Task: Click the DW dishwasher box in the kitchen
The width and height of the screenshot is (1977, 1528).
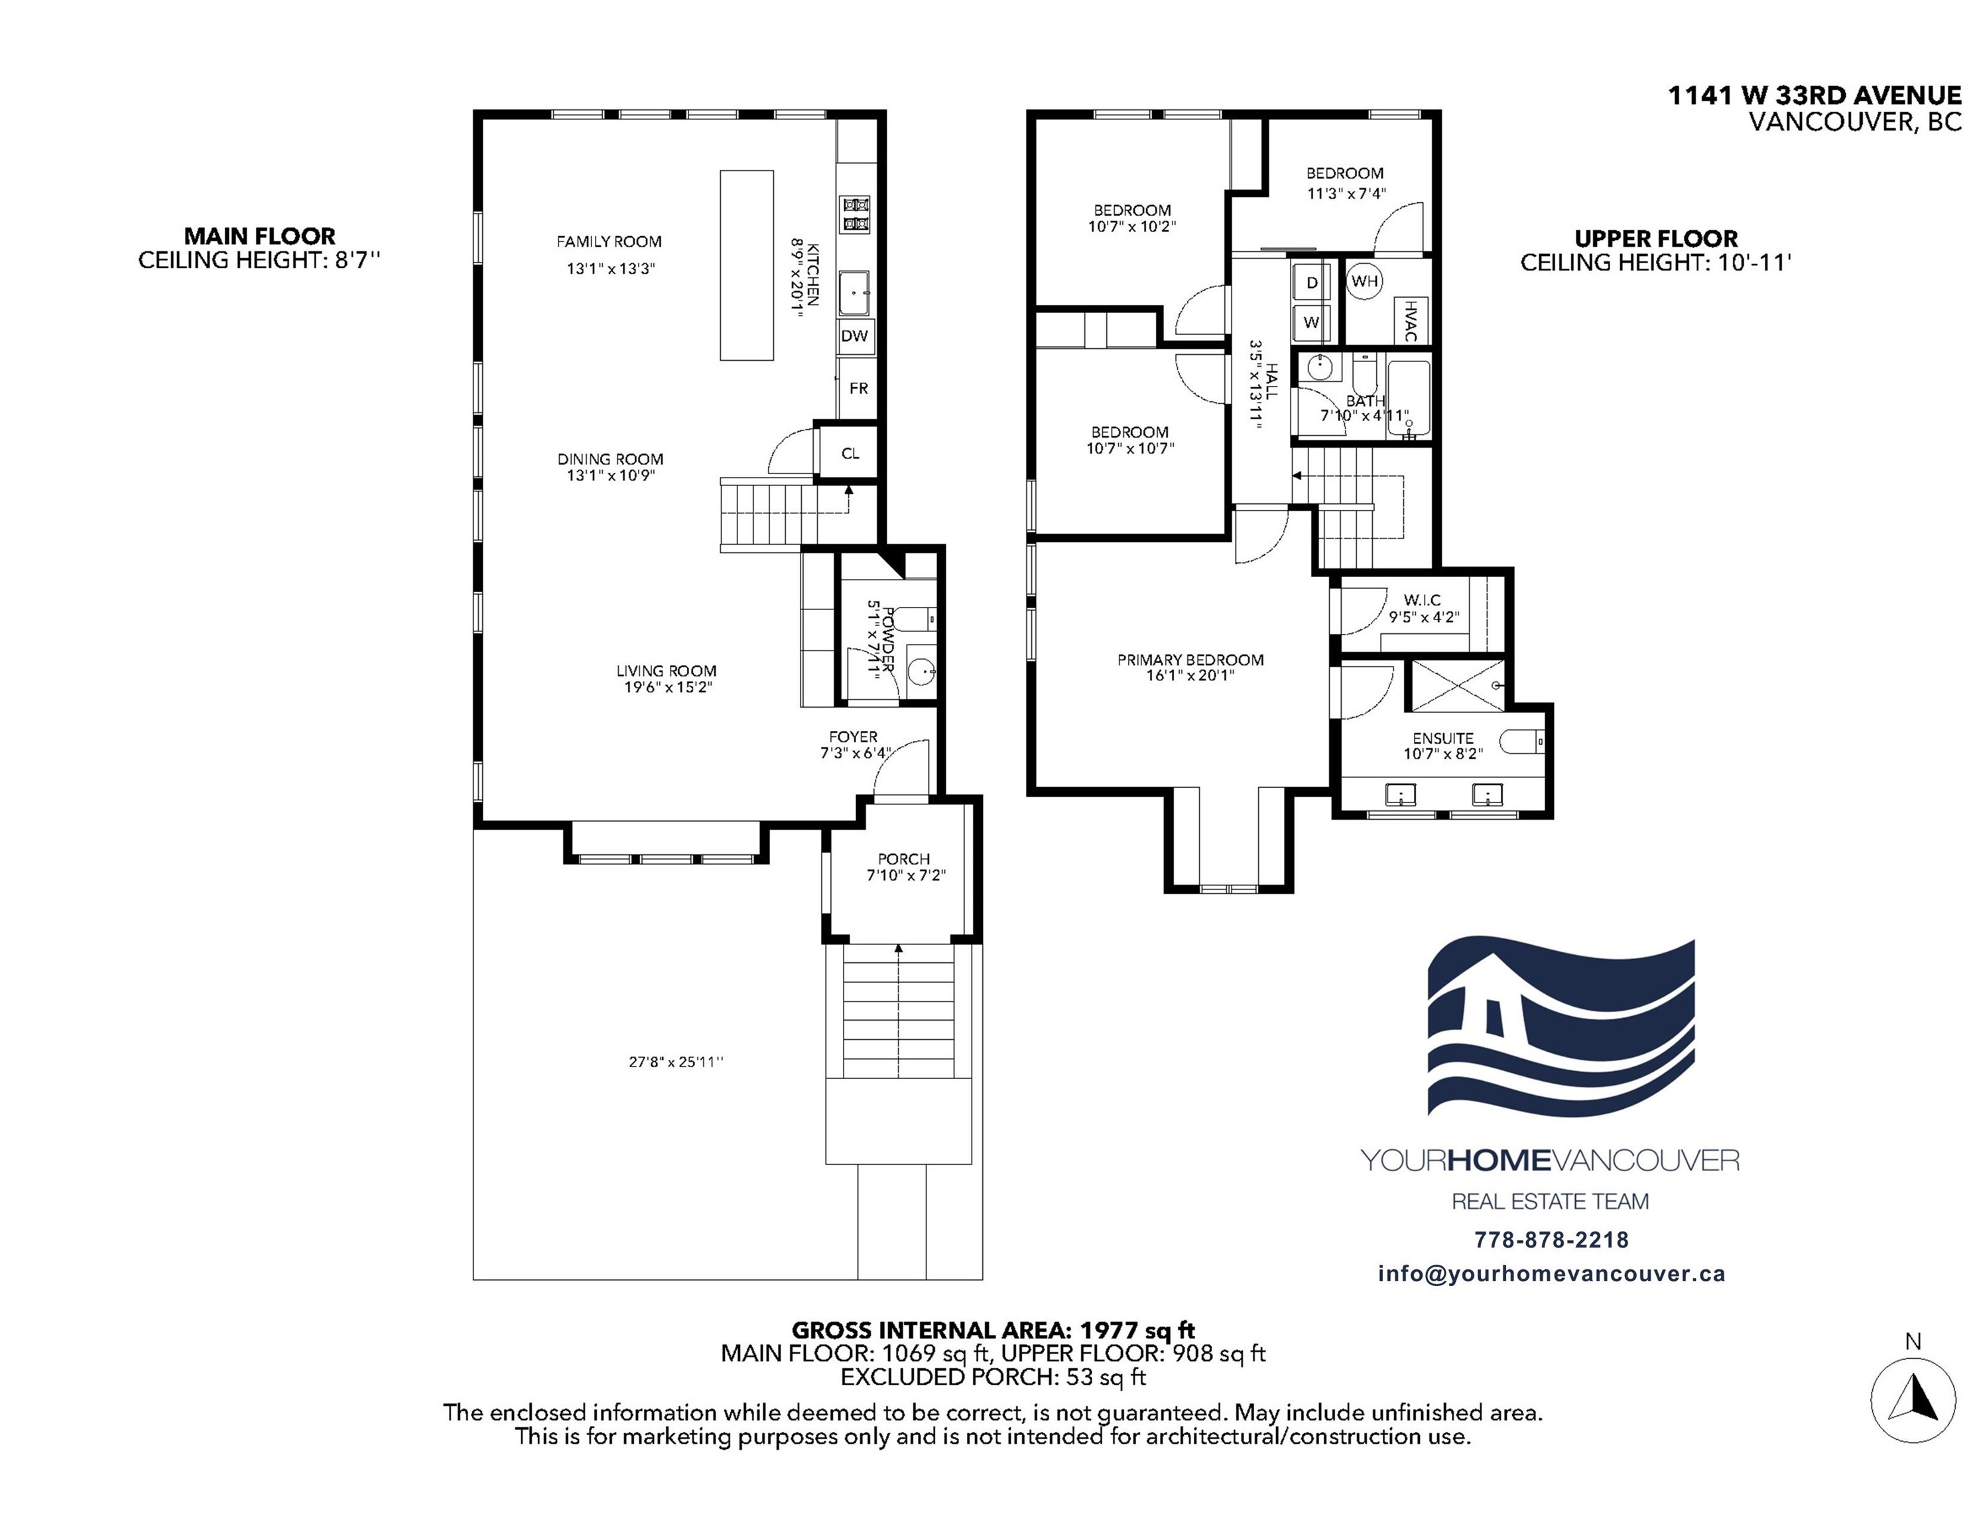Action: pyautogui.click(x=854, y=336)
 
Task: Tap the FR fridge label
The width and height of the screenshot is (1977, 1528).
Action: pyautogui.click(x=858, y=389)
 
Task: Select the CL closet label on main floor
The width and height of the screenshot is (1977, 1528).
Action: pyautogui.click(x=850, y=454)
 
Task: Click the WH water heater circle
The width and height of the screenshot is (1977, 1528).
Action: pyautogui.click(x=1365, y=281)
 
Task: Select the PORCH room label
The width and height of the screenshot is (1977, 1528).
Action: pyautogui.click(x=903, y=858)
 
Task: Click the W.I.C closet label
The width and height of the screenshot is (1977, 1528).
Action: pyautogui.click(x=1422, y=600)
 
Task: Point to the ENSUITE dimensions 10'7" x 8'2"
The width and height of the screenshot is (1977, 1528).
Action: pyautogui.click(x=1443, y=754)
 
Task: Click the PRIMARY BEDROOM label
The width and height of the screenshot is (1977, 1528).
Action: pyautogui.click(x=1190, y=660)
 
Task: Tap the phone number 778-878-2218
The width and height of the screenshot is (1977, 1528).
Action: pyautogui.click(x=1551, y=1240)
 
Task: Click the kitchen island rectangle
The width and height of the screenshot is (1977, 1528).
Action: pyautogui.click(x=747, y=265)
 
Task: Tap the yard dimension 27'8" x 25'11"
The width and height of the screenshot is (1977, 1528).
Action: pyautogui.click(x=676, y=1062)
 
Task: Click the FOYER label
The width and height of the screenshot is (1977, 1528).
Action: pyautogui.click(x=853, y=737)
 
